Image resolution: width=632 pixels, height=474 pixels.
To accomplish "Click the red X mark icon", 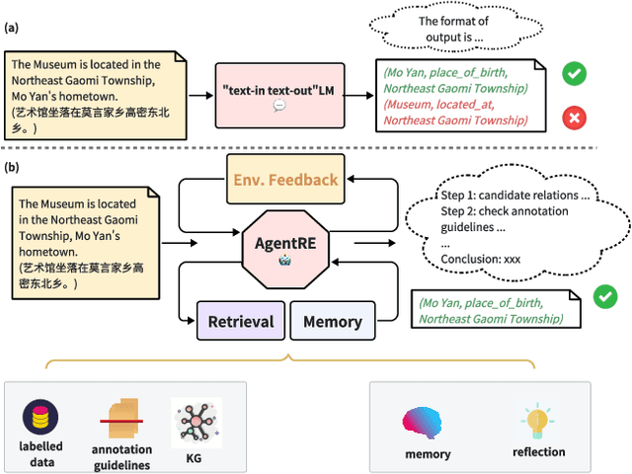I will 572,118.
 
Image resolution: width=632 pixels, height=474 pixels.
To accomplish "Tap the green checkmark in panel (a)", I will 572,72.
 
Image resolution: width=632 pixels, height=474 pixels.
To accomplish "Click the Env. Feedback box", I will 285,180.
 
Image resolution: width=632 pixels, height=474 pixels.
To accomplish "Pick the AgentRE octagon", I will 285,243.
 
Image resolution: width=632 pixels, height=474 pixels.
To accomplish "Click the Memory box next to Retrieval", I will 332,322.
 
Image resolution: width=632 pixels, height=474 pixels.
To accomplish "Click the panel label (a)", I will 12,28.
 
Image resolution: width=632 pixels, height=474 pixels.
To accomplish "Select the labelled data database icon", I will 41,417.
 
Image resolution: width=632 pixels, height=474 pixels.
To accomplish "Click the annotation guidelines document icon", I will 122,421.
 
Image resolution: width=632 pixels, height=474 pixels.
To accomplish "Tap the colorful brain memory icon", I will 427,423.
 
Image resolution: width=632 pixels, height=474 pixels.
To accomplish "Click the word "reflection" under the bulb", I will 539,452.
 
